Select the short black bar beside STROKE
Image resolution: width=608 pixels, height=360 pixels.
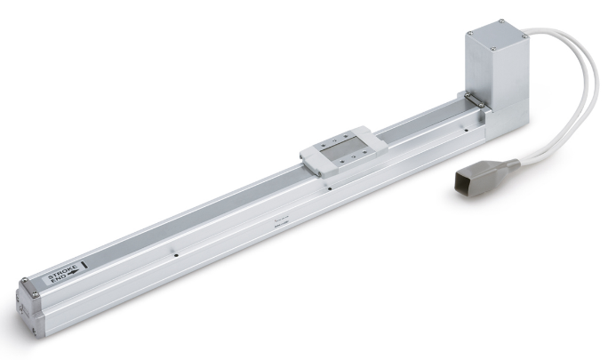(83, 264)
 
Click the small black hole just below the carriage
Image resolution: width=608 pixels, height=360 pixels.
(329, 188)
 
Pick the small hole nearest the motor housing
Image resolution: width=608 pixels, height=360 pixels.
(463, 129)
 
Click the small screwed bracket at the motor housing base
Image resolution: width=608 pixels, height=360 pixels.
(471, 101)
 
